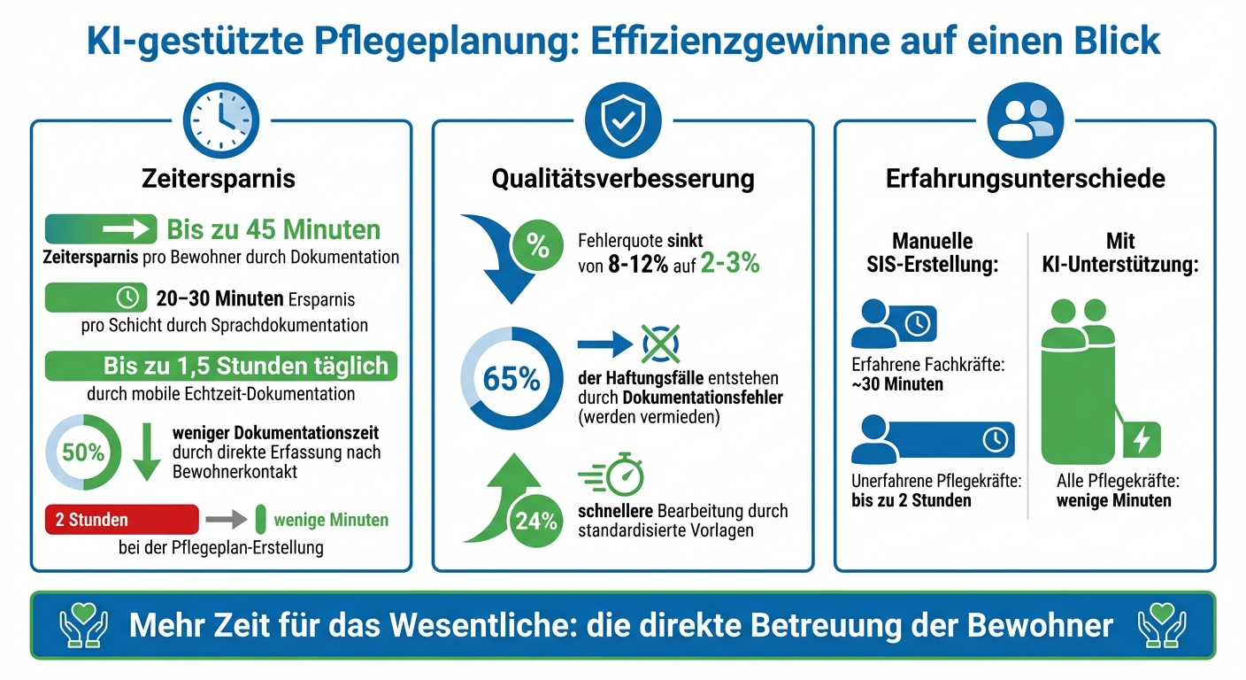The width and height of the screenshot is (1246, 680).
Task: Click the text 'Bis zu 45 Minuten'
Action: point(273,230)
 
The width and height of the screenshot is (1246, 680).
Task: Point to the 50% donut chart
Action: point(83,452)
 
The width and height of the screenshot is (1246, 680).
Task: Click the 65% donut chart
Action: point(511,379)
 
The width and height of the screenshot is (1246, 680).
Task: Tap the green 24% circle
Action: point(536,521)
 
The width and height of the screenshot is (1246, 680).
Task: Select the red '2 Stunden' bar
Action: point(121,520)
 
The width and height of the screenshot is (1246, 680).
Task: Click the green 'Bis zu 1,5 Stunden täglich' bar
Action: point(221,366)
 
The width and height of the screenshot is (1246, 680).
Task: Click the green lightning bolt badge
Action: point(1142,439)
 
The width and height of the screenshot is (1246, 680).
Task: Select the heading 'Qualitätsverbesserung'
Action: point(622,179)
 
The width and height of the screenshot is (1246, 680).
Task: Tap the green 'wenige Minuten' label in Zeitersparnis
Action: point(331,520)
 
